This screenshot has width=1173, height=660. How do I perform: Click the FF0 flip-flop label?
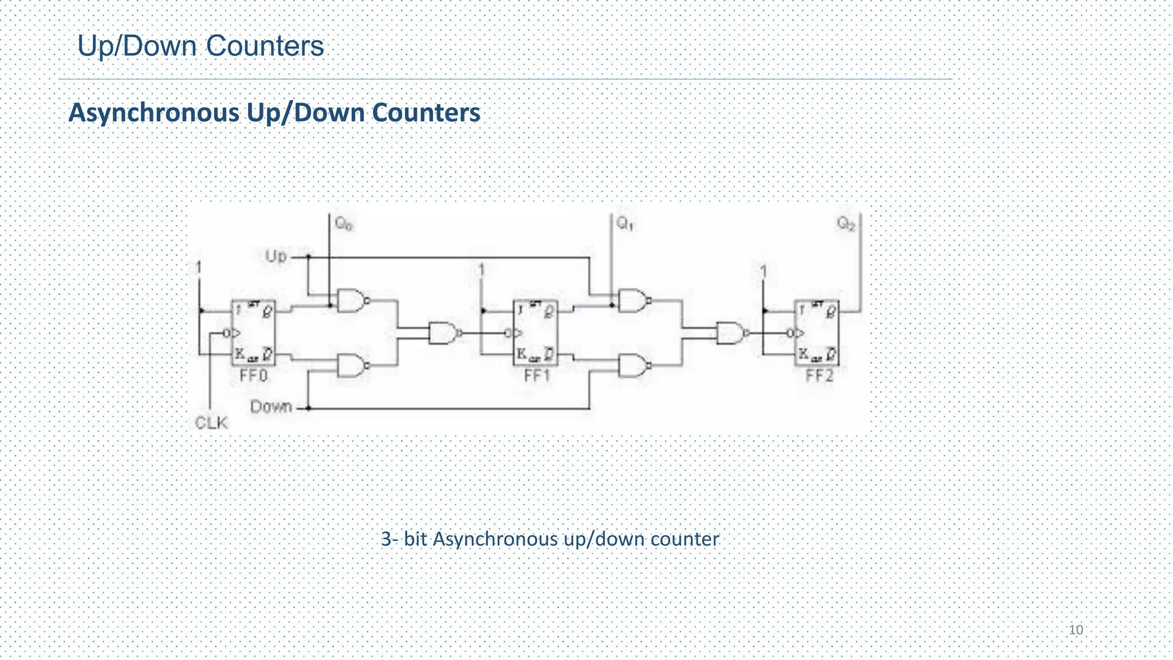tap(254, 376)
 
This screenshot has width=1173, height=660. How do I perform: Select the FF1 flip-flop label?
tap(537, 376)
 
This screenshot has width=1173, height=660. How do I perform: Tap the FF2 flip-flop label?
tap(819, 376)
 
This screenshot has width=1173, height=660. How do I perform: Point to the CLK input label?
tap(211, 423)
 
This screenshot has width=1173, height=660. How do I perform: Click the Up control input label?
tap(276, 256)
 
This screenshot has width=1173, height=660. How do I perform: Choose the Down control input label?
tap(271, 407)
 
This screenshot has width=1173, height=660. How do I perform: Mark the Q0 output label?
tap(344, 223)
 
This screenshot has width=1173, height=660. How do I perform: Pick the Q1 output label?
tap(625, 223)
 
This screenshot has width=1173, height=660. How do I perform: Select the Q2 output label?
tap(846, 223)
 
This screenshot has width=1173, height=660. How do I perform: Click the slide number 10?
tap(1076, 630)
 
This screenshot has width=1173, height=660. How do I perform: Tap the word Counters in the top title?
tap(265, 46)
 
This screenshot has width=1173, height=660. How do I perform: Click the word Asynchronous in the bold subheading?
tap(153, 113)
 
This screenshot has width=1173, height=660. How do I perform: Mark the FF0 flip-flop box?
tap(253, 332)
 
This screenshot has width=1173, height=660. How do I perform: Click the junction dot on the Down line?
tap(308, 408)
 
